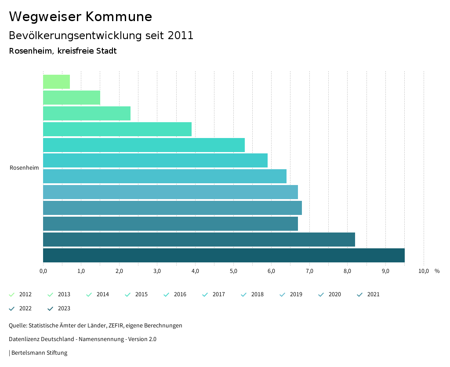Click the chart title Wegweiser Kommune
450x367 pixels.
(x=80, y=17)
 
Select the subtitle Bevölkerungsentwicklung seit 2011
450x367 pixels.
(x=101, y=36)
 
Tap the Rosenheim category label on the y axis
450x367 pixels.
(x=24, y=167)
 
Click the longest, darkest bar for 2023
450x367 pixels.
(x=224, y=255)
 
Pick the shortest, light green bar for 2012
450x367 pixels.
(x=56, y=82)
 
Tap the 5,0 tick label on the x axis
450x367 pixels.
(x=233, y=271)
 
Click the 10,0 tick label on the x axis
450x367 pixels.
(x=424, y=271)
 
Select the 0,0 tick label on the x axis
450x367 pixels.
(x=43, y=271)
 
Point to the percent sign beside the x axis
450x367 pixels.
(x=437, y=271)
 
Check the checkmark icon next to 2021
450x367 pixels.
(x=360, y=294)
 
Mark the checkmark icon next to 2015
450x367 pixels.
(x=128, y=294)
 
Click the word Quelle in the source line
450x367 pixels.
(x=18, y=326)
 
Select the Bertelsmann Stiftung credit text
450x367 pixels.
(x=39, y=352)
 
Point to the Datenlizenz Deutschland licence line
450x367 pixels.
(x=83, y=339)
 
